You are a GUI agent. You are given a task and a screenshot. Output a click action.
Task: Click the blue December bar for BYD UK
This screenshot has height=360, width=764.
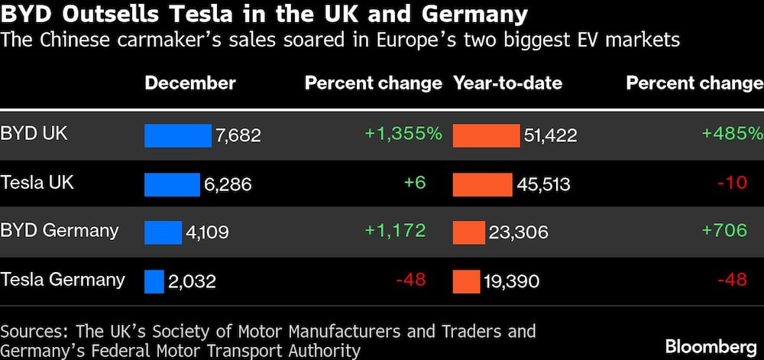178,135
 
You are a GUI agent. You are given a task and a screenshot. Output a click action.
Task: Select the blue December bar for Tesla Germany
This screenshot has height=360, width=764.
154,281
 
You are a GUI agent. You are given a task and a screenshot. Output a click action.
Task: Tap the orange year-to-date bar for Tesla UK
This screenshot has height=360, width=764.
482,184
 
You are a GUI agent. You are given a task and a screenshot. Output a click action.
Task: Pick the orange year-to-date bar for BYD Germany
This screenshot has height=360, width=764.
468,232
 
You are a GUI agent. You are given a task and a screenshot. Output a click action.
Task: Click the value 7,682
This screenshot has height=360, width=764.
238,136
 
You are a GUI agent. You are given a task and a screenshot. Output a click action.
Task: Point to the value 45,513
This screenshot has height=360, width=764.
544,184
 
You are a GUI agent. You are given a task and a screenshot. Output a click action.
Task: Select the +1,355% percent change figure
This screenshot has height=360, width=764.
403,134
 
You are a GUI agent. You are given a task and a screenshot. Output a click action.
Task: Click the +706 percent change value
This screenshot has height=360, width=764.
724,231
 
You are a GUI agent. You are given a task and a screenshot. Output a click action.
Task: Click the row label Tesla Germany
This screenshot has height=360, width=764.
63,280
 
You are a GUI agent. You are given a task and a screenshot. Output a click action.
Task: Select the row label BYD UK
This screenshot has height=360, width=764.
34,134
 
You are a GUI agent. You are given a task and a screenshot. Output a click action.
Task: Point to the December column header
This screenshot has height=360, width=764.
190,83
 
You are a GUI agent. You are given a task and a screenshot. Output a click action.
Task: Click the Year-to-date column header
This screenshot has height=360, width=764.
508,83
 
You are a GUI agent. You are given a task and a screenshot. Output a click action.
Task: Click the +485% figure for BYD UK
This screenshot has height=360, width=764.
733,134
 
